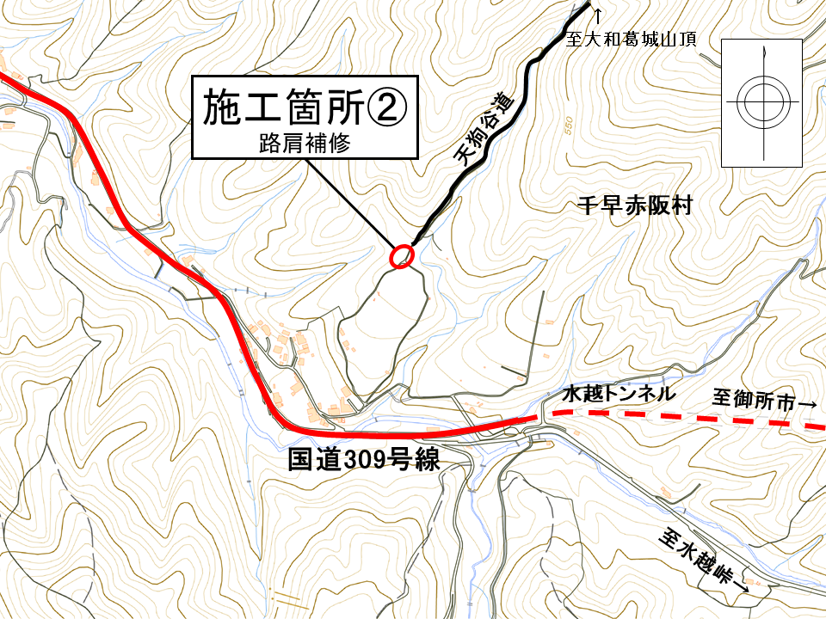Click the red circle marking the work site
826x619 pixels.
(402, 255)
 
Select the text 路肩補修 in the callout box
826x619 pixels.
(303, 142)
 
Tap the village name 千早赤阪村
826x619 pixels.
(634, 207)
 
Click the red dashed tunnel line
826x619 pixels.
(680, 418)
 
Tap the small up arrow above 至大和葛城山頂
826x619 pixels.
(599, 11)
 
